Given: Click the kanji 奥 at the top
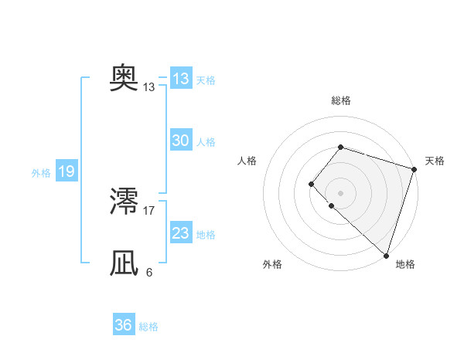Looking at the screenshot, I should [x=125, y=79].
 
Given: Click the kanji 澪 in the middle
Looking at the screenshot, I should [x=125, y=202].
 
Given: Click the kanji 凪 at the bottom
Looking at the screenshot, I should [x=125, y=263].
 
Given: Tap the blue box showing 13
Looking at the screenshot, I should [x=181, y=79].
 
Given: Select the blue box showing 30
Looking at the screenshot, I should [x=181, y=141].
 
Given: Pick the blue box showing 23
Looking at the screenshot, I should [x=181, y=232].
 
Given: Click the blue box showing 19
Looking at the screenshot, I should [x=67, y=171].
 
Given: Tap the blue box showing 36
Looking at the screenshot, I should [x=124, y=325].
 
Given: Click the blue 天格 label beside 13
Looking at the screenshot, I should [x=206, y=80].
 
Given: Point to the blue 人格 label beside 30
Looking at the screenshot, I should [x=206, y=142].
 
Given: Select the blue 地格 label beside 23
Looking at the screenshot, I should [x=206, y=234].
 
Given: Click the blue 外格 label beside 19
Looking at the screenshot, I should [x=41, y=173].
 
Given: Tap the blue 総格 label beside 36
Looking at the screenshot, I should [x=148, y=327].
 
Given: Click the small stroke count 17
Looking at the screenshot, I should [x=149, y=210].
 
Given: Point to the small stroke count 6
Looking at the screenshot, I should [x=149, y=272].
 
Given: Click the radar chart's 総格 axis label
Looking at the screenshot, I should [x=340, y=100].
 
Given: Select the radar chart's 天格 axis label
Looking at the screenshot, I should [x=435, y=161].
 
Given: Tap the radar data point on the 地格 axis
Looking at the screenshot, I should [x=386, y=255].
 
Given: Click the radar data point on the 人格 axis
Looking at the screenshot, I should [x=310, y=183].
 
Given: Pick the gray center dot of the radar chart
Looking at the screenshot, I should [x=340, y=192].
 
